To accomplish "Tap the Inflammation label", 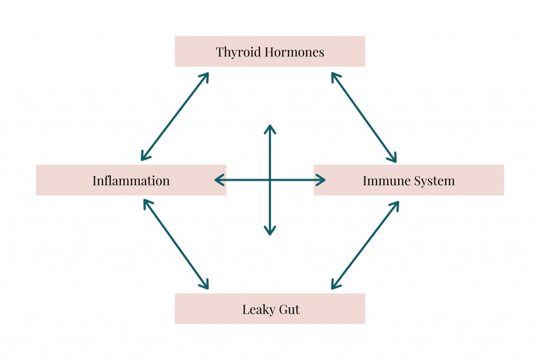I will (131, 181).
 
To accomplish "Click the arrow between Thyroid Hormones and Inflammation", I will (175, 116).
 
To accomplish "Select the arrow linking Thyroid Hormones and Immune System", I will (364, 117).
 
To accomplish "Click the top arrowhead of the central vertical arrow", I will (270, 128).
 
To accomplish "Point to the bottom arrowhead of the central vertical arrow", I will (270, 232).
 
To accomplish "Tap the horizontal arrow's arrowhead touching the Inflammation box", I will (217, 180).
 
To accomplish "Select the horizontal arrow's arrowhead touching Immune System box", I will (322, 180).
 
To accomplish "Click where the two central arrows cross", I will (270, 180).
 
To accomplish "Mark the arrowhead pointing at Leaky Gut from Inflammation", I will (206, 286).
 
